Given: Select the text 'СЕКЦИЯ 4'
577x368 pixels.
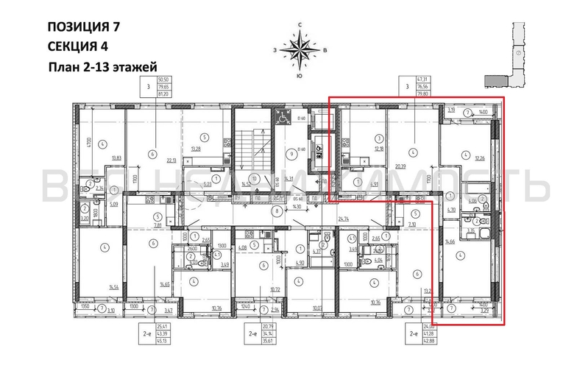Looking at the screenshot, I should [77, 46].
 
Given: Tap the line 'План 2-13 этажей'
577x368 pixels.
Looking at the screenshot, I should [103, 67].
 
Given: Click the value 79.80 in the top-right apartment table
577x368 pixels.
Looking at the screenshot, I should [424, 94].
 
